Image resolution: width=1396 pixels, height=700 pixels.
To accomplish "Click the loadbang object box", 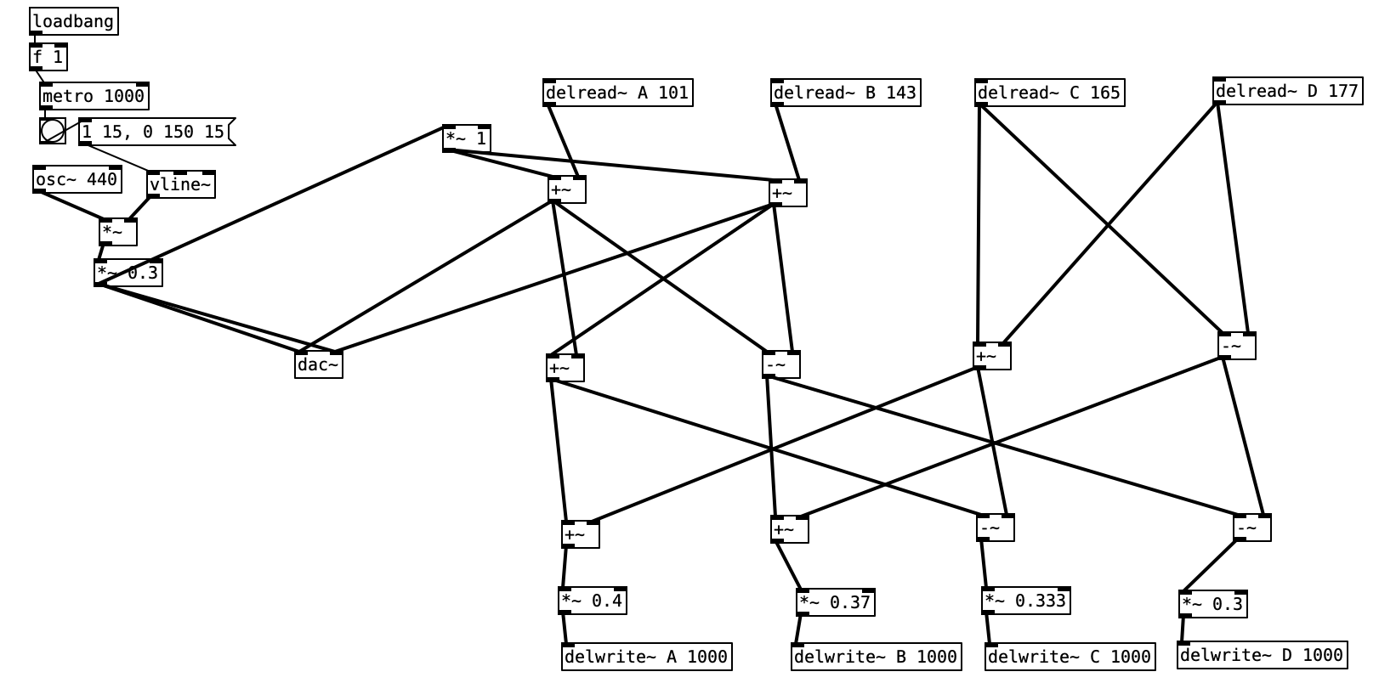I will (73, 21).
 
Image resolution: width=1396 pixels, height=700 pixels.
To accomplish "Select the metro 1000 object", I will (94, 96).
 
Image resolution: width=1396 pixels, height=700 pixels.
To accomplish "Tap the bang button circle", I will (52, 131).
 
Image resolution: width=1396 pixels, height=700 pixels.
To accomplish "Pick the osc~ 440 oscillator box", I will (77, 179).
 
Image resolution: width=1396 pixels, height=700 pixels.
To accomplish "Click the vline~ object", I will (181, 184).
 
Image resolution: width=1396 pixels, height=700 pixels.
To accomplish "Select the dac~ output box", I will (319, 365).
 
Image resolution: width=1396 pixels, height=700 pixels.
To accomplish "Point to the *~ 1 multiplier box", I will (467, 138).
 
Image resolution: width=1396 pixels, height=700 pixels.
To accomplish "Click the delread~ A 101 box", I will (618, 93).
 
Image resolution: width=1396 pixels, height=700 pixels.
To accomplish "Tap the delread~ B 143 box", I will (846, 93).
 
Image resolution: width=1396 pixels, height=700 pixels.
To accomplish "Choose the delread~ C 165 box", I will (1049, 93).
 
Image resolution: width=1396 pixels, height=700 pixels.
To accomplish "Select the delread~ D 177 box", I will (1287, 91).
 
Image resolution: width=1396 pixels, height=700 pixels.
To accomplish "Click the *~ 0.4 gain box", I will (593, 601).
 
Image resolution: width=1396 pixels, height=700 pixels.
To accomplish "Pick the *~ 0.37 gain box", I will (836, 602).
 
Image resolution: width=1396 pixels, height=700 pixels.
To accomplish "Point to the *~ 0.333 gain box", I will (1025, 601).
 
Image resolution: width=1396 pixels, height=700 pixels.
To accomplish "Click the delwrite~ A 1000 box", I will (646, 657).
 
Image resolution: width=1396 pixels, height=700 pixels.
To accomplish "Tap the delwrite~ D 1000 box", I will (1262, 655).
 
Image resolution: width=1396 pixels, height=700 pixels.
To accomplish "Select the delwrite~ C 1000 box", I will (1070, 657).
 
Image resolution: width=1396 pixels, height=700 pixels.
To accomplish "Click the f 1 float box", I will (48, 58).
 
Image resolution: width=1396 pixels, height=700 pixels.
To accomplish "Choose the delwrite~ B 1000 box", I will (876, 657).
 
